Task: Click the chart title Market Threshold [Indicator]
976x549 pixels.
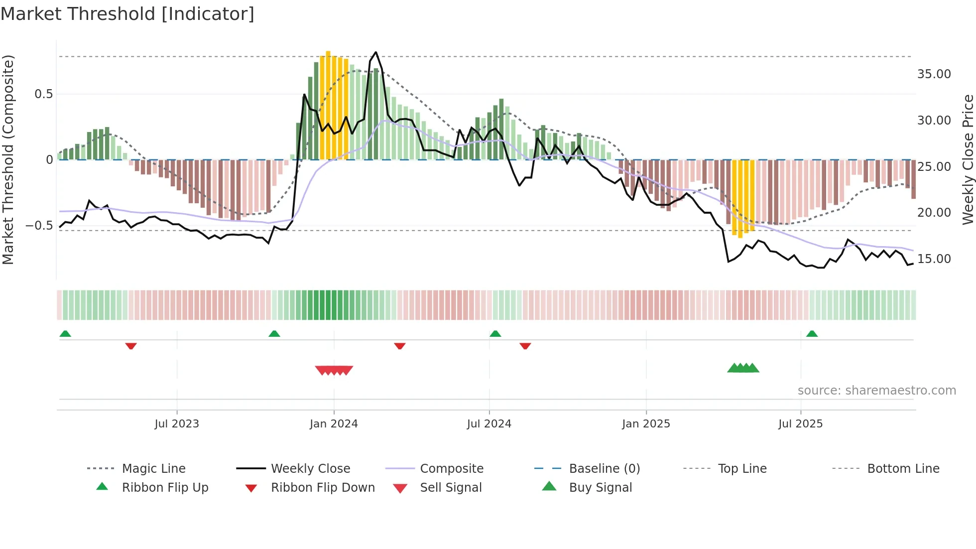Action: [127, 14]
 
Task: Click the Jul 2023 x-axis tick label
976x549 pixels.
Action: [177, 424]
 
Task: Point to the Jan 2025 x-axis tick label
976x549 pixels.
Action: [646, 424]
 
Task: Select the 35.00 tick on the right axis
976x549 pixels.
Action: [934, 74]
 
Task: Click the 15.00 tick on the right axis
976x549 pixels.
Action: [934, 259]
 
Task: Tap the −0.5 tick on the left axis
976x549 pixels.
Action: [39, 226]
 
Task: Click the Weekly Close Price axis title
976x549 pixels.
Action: [968, 159]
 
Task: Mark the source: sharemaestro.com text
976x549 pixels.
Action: [876, 391]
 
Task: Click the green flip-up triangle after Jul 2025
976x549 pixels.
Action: [812, 334]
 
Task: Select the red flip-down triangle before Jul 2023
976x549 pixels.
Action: [131, 346]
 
